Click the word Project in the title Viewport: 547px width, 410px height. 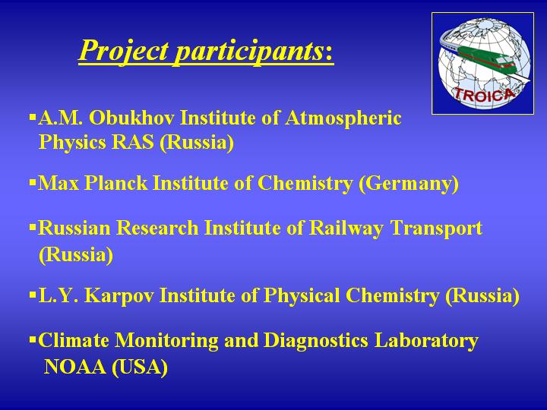click(124, 51)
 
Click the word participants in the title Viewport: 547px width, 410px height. click(249, 52)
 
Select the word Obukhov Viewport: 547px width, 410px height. click(131, 118)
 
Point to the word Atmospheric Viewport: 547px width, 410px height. click(343, 118)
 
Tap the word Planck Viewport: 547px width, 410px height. click(115, 183)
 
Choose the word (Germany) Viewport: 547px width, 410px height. click(409, 184)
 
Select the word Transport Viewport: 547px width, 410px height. click(436, 229)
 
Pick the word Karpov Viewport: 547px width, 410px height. click(119, 296)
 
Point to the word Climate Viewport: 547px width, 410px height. click(73, 340)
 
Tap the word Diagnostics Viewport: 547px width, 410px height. click(316, 341)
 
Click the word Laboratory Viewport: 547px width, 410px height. click(426, 341)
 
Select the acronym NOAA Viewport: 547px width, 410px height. click(75, 367)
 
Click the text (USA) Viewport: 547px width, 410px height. click(140, 367)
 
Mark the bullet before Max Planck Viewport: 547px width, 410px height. click(33, 182)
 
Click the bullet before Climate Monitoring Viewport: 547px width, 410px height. click(33, 339)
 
